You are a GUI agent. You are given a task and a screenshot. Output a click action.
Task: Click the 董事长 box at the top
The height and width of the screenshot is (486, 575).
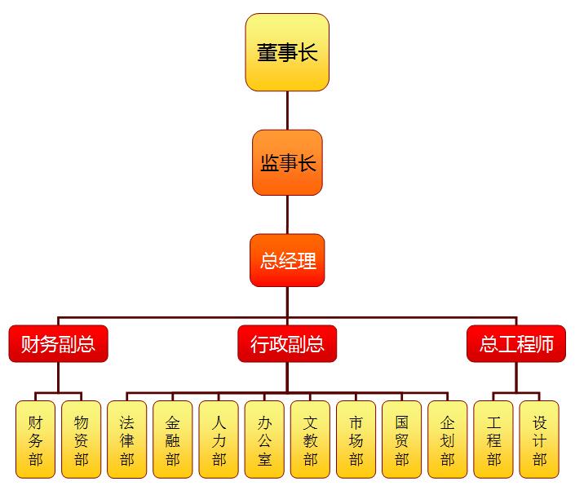pos(287,52)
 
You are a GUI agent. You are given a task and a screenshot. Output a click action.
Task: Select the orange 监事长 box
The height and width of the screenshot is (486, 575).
pos(287,162)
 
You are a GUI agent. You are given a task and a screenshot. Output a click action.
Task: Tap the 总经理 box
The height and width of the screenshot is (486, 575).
pos(287,260)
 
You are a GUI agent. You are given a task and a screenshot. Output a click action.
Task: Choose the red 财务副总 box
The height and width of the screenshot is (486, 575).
pos(58,344)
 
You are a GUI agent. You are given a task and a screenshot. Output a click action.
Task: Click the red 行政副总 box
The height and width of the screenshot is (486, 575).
pos(287,344)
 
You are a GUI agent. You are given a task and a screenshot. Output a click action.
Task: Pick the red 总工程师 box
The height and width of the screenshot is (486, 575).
pos(516,344)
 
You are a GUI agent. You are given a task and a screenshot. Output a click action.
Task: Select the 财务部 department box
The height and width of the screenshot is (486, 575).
pos(35,440)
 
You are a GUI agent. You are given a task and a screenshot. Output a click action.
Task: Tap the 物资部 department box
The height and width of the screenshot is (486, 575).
pos(81,440)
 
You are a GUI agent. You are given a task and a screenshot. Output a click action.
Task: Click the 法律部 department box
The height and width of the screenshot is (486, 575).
pos(126,440)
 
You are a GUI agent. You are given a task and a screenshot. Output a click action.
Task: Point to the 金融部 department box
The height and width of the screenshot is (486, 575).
pos(172,440)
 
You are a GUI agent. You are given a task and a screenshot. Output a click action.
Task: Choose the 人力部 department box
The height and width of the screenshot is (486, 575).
pos(219,440)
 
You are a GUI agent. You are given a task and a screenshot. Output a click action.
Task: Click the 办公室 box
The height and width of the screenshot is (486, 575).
pos(264,440)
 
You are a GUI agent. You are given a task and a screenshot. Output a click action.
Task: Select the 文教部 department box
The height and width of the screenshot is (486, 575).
pos(310,440)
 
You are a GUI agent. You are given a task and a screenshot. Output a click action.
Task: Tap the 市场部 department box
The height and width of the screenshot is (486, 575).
pos(356,440)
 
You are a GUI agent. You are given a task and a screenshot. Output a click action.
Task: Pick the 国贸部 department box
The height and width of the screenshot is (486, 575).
pos(401,440)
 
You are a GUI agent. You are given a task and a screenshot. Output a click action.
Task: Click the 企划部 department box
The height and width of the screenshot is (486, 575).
pos(447,440)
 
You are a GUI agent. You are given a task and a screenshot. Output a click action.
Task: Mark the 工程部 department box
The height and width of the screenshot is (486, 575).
pos(493,440)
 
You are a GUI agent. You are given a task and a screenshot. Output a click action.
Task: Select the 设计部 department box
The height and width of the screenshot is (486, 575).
pos(539,440)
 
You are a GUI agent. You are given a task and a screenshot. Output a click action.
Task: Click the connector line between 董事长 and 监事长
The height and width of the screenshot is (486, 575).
pos(287,110)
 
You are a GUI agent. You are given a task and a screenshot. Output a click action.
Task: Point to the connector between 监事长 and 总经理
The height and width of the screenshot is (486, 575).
pos(287,214)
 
